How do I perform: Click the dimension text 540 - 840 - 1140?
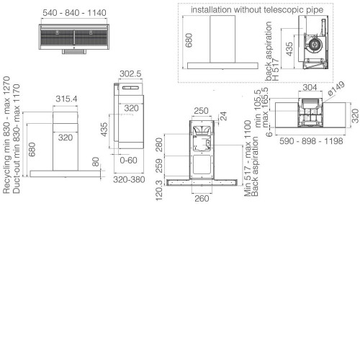click(x=74, y=13)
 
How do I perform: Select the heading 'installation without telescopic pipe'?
click(x=257, y=10)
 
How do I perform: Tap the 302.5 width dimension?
click(x=130, y=73)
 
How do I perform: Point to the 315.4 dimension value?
click(x=66, y=99)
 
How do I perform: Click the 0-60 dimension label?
click(x=128, y=160)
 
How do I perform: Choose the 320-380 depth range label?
click(x=129, y=179)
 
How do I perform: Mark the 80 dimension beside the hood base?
click(x=96, y=162)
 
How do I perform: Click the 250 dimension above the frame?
click(x=201, y=111)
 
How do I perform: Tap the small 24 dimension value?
click(x=223, y=116)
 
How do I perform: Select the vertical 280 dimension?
click(x=159, y=145)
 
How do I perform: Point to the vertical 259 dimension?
click(x=159, y=166)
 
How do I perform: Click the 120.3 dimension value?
click(x=159, y=191)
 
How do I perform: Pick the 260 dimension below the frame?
click(x=202, y=199)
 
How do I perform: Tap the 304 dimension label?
click(x=310, y=87)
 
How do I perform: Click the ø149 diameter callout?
click(x=336, y=89)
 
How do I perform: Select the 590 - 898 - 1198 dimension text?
click(x=311, y=141)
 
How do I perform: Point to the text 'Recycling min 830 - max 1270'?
click(x=6, y=135)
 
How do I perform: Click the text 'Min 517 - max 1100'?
click(x=248, y=158)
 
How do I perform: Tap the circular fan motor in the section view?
click(x=314, y=45)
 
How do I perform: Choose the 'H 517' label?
click(x=276, y=69)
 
